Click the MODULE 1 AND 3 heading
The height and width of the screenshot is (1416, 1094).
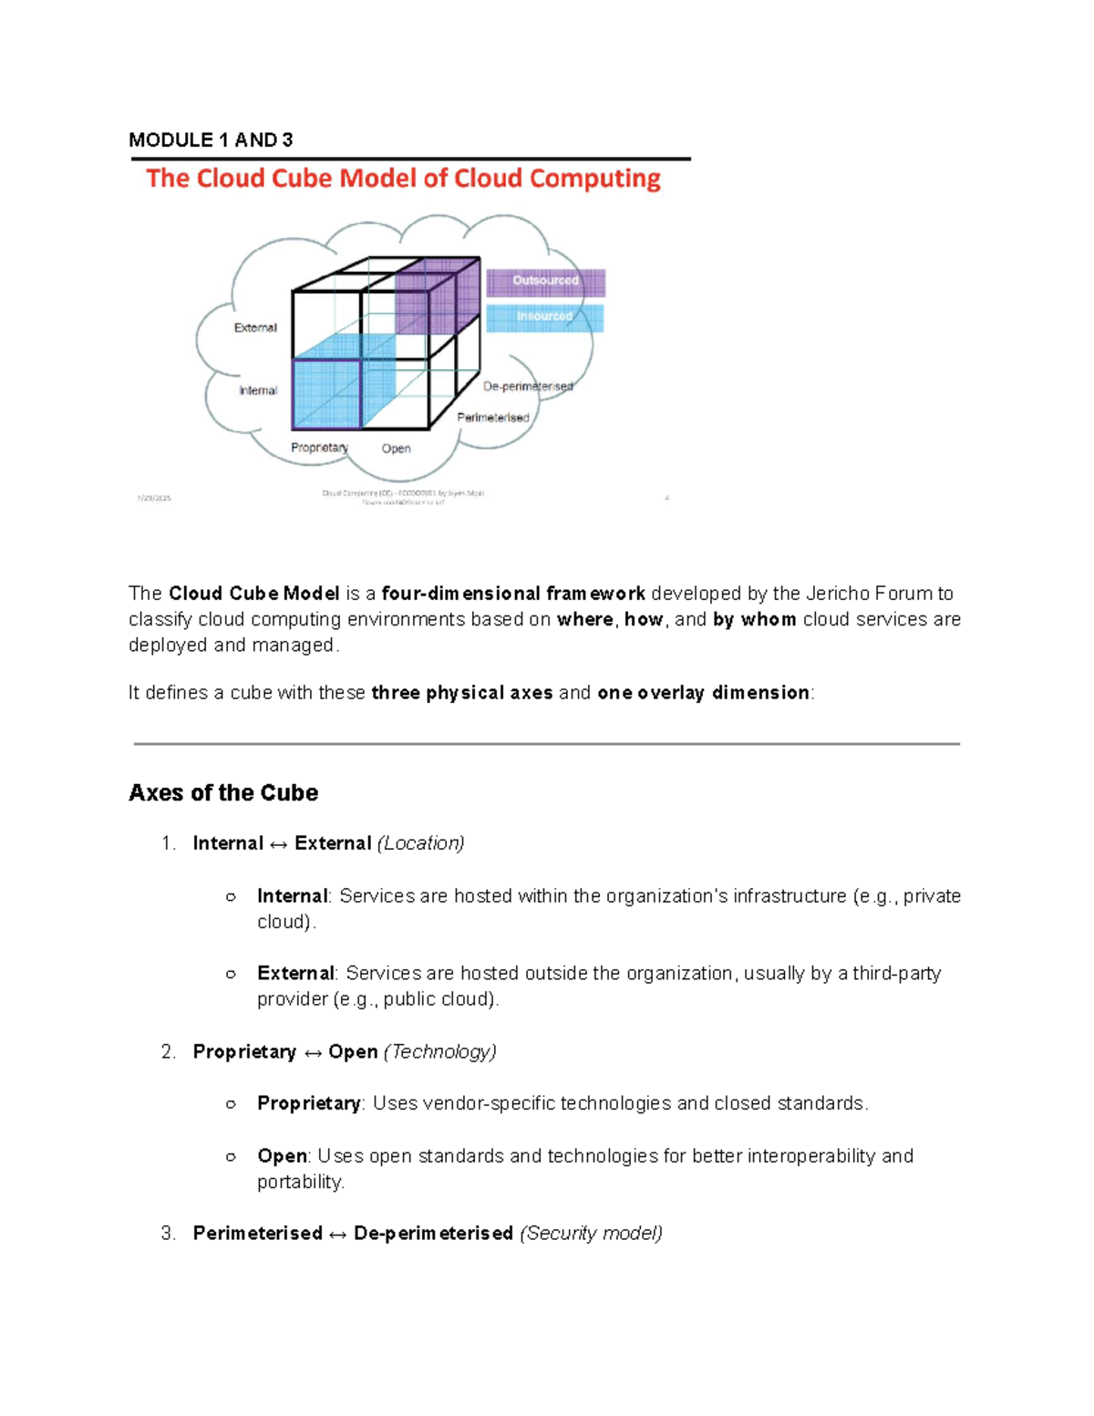(211, 140)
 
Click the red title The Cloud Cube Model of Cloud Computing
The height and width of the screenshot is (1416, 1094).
(403, 178)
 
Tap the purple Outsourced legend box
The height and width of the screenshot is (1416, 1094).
(545, 282)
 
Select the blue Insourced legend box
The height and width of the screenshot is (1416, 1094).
(544, 317)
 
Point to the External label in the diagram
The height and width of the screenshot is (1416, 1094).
(255, 327)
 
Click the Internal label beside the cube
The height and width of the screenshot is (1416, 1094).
(258, 390)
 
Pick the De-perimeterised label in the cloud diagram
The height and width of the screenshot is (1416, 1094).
(528, 387)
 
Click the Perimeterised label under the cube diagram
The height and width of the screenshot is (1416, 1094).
(493, 418)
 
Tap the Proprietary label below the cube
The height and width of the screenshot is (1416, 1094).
(319, 448)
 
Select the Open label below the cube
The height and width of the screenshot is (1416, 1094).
(396, 449)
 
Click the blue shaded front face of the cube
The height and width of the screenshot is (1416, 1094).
(326, 394)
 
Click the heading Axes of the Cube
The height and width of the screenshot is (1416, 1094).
(223, 792)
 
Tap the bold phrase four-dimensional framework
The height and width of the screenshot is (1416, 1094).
(513, 594)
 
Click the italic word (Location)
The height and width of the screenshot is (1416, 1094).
(420, 843)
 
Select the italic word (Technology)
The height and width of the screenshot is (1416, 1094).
(440, 1051)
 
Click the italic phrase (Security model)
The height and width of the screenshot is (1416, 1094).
(591, 1233)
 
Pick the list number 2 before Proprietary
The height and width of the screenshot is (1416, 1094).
(168, 1051)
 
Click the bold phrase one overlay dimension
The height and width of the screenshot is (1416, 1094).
(703, 693)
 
